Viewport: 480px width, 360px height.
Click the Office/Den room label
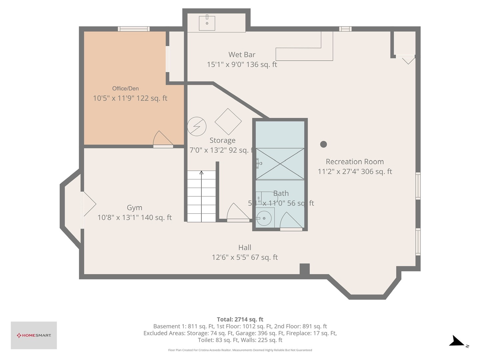[125, 88]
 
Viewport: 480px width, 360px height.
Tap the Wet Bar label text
[242, 55]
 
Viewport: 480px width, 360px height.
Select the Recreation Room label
[355, 162]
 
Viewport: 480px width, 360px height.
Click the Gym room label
[134, 208]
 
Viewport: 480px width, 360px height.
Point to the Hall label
[245, 248]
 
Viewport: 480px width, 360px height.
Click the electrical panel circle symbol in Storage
[197, 126]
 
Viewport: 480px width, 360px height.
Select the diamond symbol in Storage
[228, 121]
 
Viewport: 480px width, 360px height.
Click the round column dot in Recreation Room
[323, 144]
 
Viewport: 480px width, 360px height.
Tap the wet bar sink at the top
[207, 23]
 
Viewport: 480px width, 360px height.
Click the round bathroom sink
[264, 218]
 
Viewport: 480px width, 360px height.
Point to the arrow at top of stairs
[201, 173]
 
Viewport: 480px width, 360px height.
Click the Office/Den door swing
[162, 139]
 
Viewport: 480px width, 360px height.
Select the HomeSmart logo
[34, 335]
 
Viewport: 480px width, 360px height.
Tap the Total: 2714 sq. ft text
[240, 319]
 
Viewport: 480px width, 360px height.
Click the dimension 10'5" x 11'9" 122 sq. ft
[130, 98]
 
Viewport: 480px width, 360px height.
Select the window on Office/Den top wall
[133, 29]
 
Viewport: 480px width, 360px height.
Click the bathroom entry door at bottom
[291, 221]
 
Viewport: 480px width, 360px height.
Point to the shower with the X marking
[280, 164]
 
